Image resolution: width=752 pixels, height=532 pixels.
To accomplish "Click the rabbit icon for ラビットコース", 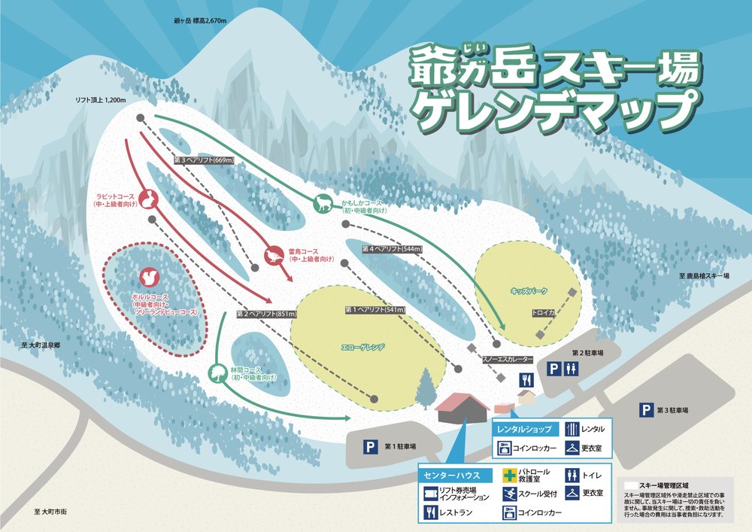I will coord(149,199).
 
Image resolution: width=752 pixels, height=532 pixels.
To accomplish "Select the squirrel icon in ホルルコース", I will coord(149,278).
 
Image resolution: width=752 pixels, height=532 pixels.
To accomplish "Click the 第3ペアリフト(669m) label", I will coord(204,160).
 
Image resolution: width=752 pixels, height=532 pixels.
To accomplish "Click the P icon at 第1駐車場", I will coord(370,447).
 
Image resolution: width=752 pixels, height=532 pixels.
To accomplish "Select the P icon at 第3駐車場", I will coord(645,410).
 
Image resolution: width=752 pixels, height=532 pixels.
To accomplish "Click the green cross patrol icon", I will coord(509,476).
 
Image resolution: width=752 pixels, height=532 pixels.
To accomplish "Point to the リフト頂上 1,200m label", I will coord(104,99).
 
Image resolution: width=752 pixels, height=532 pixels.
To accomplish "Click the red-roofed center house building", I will coord(462,409).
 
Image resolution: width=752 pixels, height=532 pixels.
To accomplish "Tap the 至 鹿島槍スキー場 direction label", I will coord(708,277).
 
